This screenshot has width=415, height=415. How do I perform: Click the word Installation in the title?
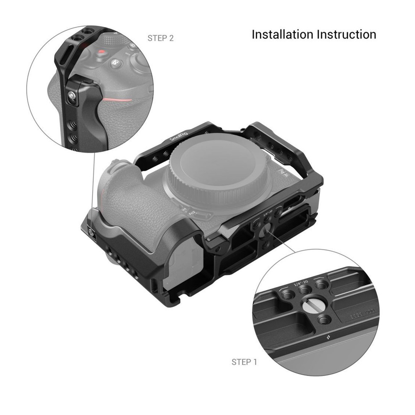coord(283,34)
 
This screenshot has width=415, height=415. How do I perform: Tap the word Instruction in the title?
coord(347,34)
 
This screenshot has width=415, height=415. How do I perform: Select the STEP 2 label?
coord(161,38)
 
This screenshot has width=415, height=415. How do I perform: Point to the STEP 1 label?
coord(244,362)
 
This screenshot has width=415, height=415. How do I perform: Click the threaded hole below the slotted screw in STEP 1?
coord(324,320)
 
